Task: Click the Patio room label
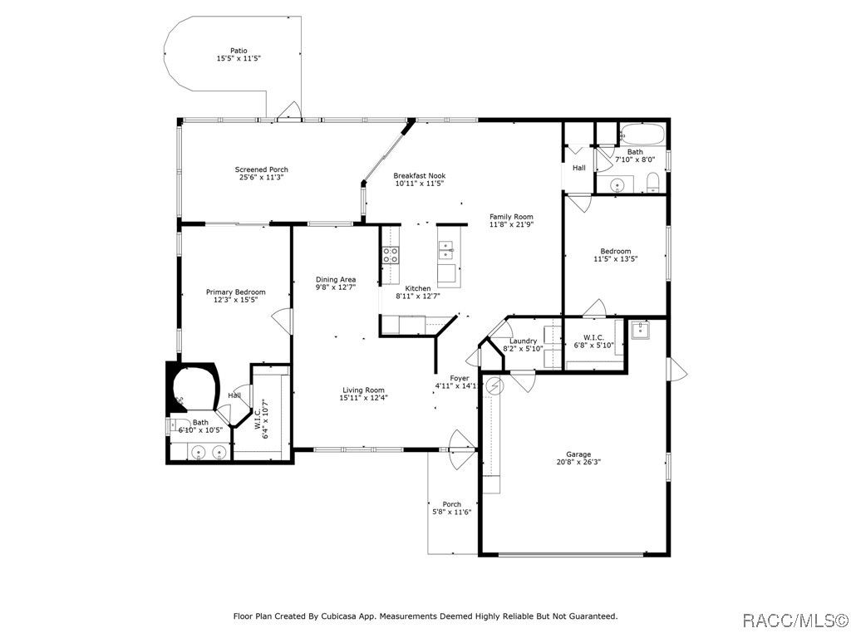[239, 51]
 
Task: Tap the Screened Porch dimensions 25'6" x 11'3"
[262, 177]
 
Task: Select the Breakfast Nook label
[420, 176]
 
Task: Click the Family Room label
[511, 217]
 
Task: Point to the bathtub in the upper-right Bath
[642, 134]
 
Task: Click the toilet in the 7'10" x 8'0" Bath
[653, 182]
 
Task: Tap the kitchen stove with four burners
[391, 255]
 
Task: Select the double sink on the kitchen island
[446, 251]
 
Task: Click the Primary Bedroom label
[235, 292]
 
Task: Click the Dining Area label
[336, 279]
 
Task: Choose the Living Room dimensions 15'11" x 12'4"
[364, 398]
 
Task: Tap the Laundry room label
[524, 341]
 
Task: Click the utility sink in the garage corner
[641, 329]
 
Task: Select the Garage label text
[578, 454]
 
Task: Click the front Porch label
[451, 504]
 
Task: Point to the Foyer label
[459, 378]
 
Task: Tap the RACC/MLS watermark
[794, 620]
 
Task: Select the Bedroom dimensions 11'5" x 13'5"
[616, 259]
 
